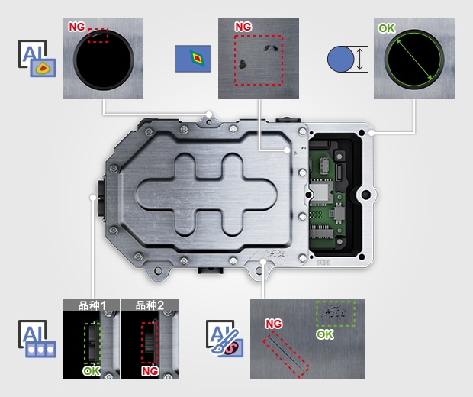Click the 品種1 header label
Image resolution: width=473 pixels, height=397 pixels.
[x=92, y=305]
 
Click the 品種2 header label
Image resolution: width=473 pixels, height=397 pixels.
[x=150, y=305]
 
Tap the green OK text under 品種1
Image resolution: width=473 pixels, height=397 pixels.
[x=92, y=371]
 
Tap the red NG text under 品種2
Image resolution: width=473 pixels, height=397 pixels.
[x=150, y=371]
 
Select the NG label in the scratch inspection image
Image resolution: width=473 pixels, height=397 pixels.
[x=274, y=324]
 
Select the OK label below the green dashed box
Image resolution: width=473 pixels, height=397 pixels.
[x=325, y=334]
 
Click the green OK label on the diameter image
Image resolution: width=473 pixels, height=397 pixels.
[x=387, y=28]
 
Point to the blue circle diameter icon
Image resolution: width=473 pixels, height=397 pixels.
[x=340, y=59]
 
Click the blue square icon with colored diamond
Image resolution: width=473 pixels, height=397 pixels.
[x=193, y=59]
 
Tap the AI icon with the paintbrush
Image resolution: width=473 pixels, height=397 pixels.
[x=224, y=338]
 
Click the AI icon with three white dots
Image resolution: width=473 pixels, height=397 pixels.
[x=37, y=339]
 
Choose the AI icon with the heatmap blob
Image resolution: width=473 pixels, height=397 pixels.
[x=37, y=58]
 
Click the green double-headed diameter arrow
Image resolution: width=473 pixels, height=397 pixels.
[x=414, y=59]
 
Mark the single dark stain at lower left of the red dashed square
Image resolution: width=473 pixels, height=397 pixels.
[x=243, y=64]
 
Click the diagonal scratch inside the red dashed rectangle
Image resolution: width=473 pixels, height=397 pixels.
[x=286, y=353]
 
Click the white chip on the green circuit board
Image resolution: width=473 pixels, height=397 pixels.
[x=320, y=191]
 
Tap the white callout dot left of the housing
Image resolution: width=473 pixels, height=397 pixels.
[x=93, y=198]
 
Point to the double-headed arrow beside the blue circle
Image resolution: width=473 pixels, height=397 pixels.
[x=359, y=60]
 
